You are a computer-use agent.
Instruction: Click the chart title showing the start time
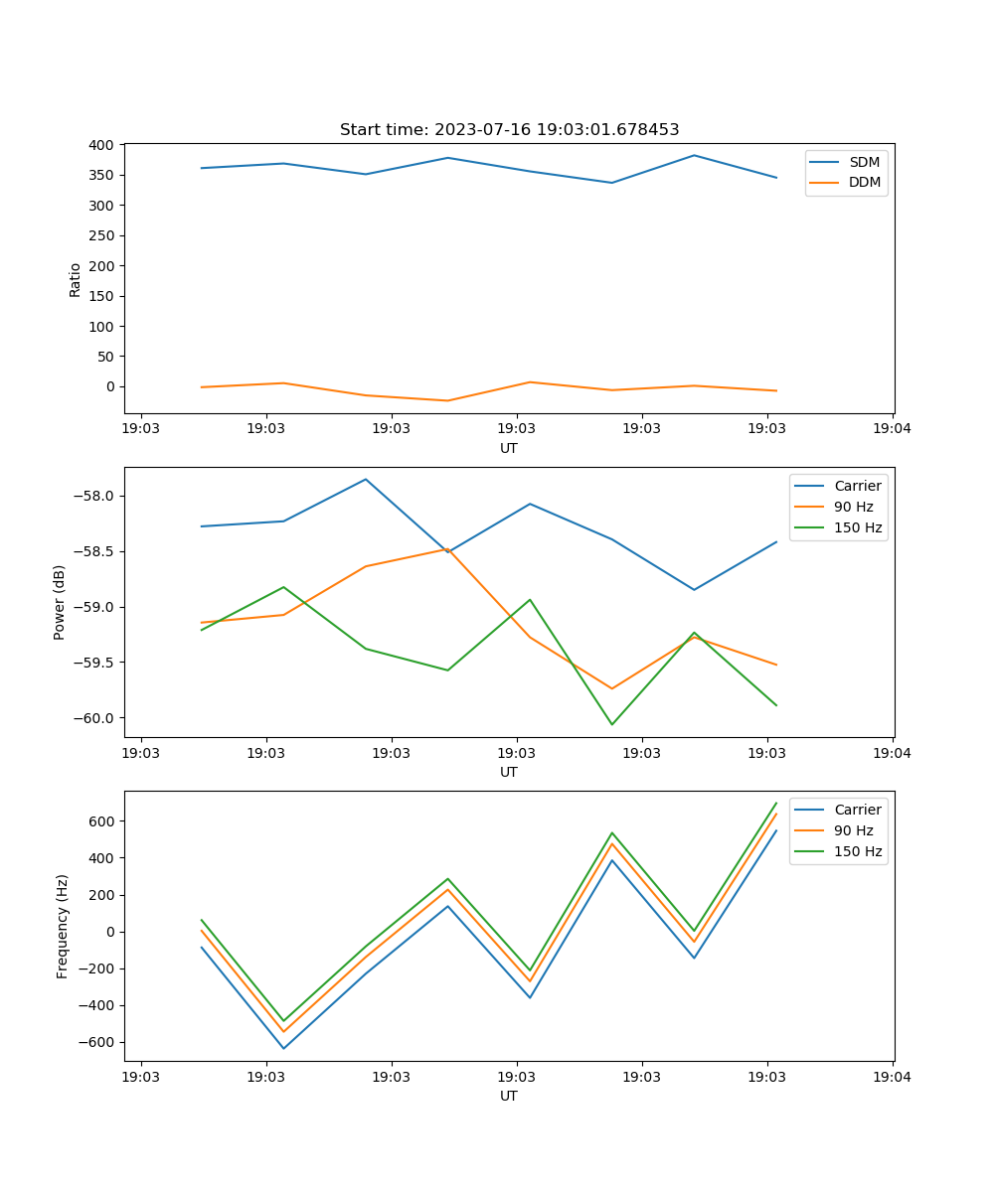[509, 130]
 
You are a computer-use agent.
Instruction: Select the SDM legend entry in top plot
[864, 162]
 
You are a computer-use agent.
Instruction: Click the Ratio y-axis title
[76, 279]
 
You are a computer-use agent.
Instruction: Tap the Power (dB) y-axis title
[60, 602]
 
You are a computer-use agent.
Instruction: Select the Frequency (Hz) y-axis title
[63, 926]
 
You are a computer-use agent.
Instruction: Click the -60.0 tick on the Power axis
[95, 718]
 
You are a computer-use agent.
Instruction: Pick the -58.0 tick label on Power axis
[95, 497]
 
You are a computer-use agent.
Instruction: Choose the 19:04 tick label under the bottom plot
[892, 1077]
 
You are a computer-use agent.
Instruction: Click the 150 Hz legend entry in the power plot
[858, 527]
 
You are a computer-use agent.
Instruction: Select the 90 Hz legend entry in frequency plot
[853, 830]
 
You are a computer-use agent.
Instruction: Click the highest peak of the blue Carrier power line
[366, 479]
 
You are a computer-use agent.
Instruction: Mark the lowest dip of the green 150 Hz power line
[611, 724]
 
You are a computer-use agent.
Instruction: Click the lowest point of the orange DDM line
[447, 400]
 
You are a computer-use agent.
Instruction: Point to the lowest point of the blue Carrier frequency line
[283, 1048]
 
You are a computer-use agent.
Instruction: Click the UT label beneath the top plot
[509, 448]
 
